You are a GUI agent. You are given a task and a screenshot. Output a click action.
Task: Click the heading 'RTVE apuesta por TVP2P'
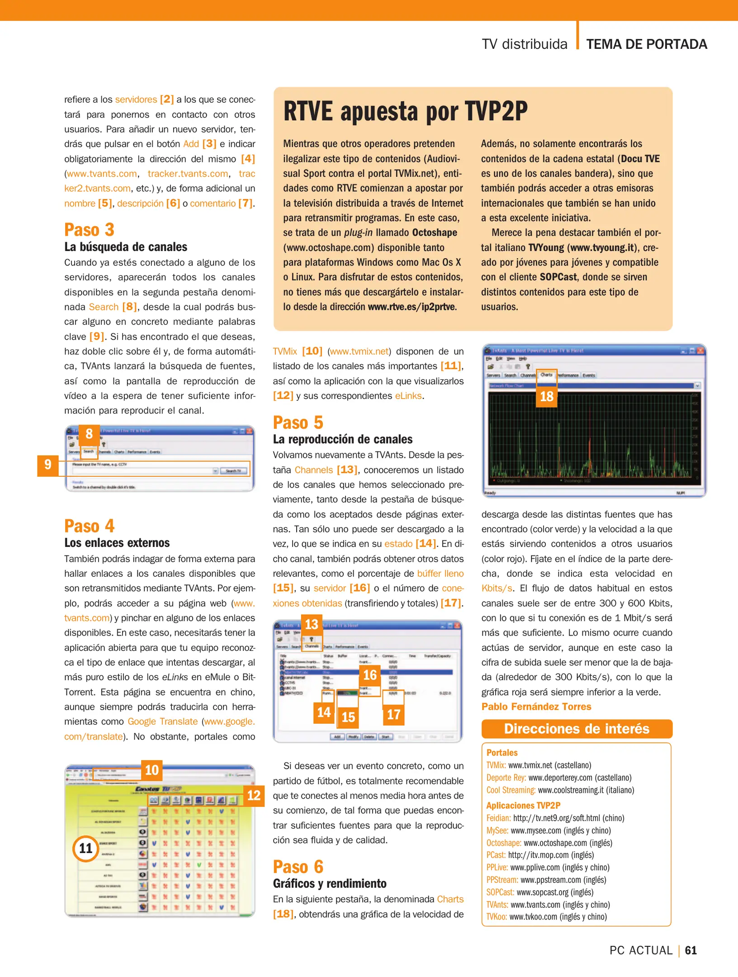point(405,111)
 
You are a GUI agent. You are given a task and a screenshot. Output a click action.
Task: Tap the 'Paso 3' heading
point(89,230)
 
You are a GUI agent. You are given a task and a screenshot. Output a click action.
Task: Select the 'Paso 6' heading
point(298,867)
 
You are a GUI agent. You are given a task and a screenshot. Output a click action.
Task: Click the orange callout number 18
point(546,397)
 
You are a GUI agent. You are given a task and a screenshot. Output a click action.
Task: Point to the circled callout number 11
point(85,849)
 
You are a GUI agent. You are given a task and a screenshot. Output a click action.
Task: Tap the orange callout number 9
point(48,465)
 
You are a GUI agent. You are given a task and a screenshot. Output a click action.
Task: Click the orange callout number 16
point(370,675)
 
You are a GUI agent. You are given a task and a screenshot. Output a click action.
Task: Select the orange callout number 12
point(254,795)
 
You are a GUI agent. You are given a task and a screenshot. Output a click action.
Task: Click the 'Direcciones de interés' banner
point(577,729)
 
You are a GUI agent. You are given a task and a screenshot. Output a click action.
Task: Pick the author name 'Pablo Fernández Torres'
point(536,707)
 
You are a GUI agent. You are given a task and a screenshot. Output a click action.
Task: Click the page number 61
point(691,950)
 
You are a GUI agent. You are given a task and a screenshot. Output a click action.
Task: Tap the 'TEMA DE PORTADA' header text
point(646,44)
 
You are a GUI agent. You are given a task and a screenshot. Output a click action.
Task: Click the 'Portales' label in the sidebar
point(501,753)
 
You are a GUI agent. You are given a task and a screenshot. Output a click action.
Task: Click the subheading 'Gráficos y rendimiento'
point(330,883)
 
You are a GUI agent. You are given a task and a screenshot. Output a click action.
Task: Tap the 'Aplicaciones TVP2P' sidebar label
point(523,805)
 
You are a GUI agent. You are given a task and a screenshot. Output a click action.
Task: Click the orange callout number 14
point(324,712)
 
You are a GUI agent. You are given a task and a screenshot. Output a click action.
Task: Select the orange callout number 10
point(151,770)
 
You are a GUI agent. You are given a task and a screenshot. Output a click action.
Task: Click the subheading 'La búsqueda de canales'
point(126,247)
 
